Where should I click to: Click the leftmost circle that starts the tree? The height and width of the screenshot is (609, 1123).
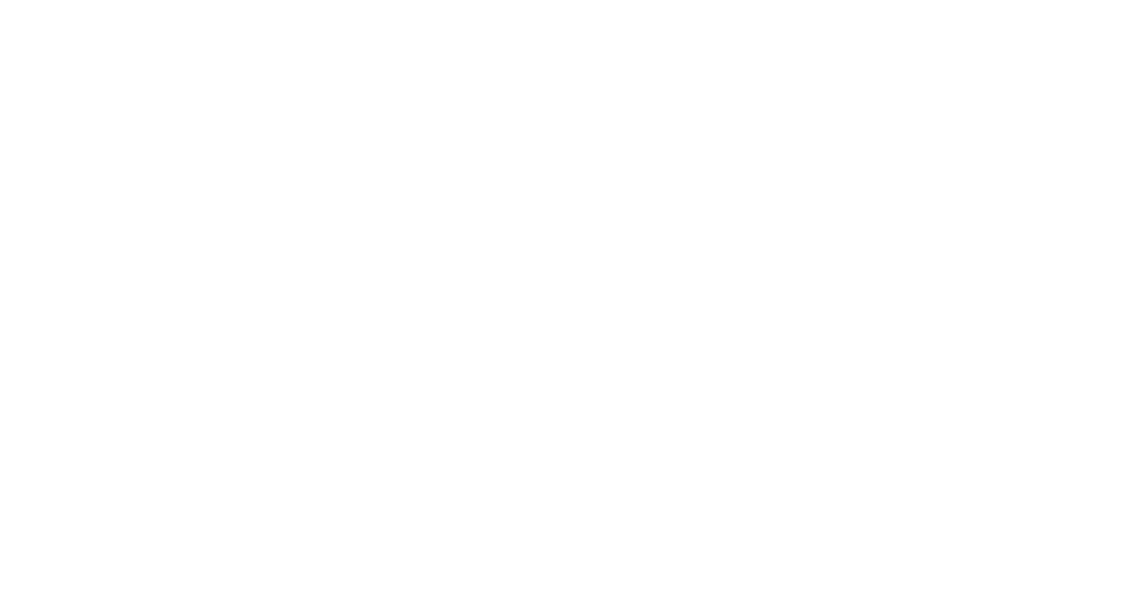[76, 380]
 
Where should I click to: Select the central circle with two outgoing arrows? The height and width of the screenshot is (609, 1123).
[561, 228]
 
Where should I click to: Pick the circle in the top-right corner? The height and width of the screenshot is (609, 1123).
[1046, 76]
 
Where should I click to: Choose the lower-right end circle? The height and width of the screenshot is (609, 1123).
[1046, 380]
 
